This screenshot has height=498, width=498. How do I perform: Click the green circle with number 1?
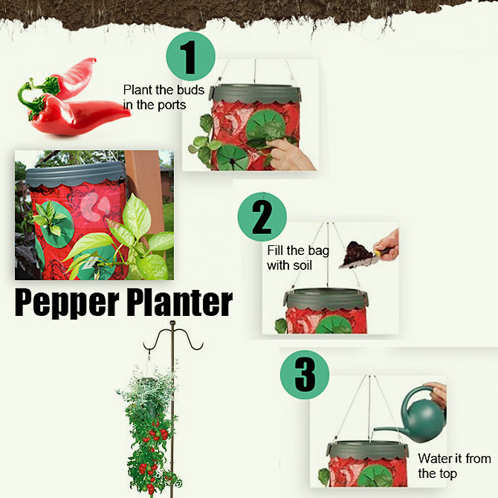click(190, 56)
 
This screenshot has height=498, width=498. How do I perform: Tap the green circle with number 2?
click(262, 217)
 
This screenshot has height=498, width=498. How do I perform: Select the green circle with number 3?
click(305, 375)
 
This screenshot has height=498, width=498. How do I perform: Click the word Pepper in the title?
click(67, 303)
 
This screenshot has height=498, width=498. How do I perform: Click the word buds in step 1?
click(190, 90)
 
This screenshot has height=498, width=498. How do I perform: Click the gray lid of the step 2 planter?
click(326, 300)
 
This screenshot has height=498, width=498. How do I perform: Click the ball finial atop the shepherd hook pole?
click(172, 323)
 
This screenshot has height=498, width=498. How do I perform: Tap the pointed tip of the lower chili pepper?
click(129, 114)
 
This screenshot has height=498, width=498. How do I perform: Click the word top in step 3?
click(447, 474)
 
